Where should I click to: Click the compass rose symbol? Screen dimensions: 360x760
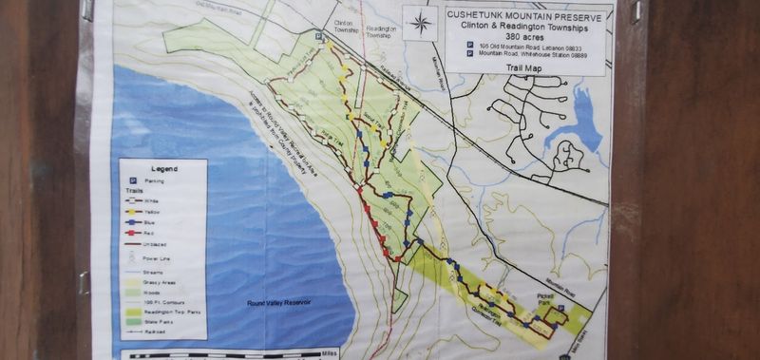pos(419,25)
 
